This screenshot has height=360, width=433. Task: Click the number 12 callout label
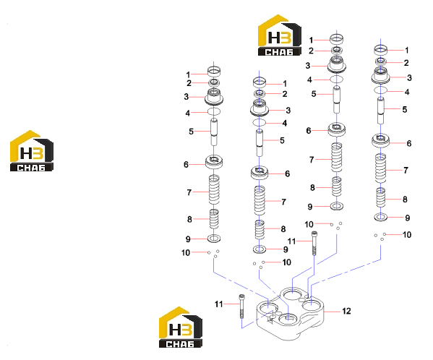coord(346,311)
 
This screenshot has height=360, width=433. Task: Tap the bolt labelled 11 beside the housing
coord(242,307)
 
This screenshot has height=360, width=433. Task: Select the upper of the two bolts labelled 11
coord(314,243)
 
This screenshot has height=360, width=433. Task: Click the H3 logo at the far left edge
coord(32,151)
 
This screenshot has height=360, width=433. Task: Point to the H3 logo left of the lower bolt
coord(180,327)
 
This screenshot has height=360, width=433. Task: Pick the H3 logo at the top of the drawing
coord(280,35)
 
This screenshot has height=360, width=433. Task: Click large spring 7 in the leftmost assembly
coord(214,189)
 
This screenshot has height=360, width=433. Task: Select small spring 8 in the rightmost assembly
coord(381,197)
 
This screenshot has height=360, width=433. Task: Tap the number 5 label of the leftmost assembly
coord(191,132)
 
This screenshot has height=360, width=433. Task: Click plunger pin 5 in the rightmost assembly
coord(381,111)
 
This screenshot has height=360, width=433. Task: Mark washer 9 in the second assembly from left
coord(260,249)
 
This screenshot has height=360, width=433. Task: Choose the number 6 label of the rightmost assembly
coord(409,143)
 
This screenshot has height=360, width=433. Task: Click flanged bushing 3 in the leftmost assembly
coord(214,97)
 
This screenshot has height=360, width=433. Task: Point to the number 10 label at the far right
coord(407,235)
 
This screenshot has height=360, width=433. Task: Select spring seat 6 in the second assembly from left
coord(260,173)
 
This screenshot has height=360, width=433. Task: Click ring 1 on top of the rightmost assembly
coord(381,50)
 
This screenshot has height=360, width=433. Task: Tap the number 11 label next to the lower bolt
coord(219,304)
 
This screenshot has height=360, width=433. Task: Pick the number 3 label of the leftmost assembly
coord(187,97)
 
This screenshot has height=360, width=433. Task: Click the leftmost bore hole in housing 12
coord(268,307)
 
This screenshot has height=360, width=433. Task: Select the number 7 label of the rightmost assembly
coord(406,171)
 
